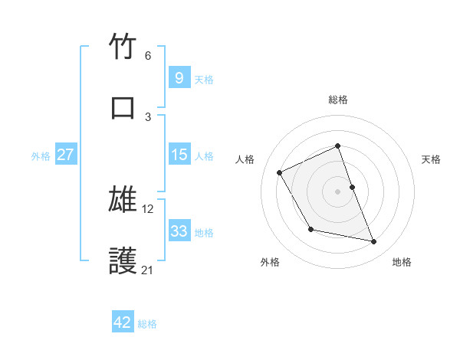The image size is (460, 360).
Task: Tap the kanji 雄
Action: [x=123, y=201]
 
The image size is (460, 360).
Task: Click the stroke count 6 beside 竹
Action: [x=148, y=56]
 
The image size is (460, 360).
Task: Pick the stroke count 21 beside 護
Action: [x=148, y=270]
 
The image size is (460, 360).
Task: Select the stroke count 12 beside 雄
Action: [x=148, y=209]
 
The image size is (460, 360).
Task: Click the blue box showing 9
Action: [x=179, y=78]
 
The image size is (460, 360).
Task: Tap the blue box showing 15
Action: [x=179, y=155]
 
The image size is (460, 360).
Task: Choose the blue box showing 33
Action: [x=179, y=231]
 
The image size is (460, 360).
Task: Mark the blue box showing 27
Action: [x=65, y=155]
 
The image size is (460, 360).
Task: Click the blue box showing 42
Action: [x=123, y=323]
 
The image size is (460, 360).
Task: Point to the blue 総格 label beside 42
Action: [x=147, y=324]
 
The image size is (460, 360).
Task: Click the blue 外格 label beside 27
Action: [x=41, y=156]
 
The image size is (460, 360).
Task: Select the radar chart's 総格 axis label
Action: [x=338, y=100]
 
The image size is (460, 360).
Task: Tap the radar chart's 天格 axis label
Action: [x=432, y=159]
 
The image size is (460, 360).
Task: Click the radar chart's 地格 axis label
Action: [x=402, y=263]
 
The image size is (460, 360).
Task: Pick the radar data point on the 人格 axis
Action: [x=280, y=173]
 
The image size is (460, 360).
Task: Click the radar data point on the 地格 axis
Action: [x=374, y=242]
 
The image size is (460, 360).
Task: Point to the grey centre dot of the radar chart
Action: [x=338, y=191]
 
